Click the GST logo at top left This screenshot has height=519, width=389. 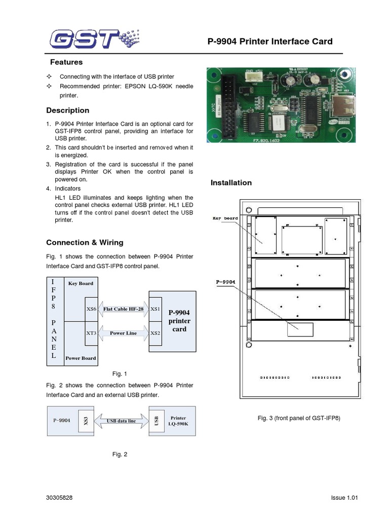click(94, 39)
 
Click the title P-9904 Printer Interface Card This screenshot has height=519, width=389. click(270, 42)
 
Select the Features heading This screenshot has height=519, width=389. click(66, 62)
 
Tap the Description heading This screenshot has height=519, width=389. click(67, 110)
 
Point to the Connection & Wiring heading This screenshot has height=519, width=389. click(85, 243)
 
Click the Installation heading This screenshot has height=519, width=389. click(231, 183)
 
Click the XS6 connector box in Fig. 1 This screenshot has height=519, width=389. click(91, 309)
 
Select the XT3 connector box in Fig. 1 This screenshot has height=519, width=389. click(91, 333)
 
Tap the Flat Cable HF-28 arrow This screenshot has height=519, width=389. click(123, 309)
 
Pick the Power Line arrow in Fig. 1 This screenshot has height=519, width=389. click(123, 333)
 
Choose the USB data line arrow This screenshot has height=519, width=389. click(121, 421)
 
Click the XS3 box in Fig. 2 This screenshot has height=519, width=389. click(86, 421)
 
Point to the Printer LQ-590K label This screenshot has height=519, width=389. click(178, 421)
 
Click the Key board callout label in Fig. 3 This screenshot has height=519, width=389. click(225, 218)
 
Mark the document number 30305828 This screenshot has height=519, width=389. click(59, 498)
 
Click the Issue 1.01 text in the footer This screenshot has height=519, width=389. click(344, 498)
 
